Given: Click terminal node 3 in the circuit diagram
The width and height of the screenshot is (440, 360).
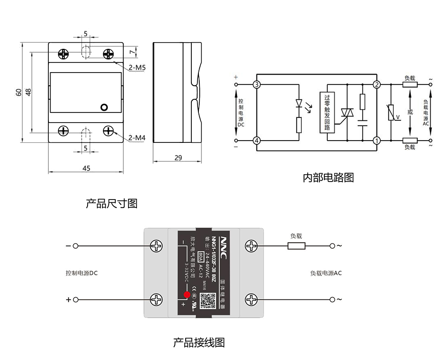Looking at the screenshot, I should click(x=257, y=84).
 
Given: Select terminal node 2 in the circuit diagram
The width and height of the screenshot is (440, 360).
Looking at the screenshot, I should click(x=377, y=84).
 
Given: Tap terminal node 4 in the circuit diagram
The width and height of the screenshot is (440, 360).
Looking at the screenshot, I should click(x=257, y=141).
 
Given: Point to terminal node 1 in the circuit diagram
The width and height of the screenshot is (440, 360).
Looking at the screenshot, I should click(x=377, y=141).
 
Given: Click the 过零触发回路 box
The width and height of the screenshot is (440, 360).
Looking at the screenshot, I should click(x=327, y=113).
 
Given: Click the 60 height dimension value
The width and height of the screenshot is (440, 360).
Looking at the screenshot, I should click(x=18, y=92).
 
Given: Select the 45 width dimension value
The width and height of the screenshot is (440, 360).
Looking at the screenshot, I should click(x=86, y=168).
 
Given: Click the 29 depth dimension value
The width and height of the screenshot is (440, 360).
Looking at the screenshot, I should click(x=178, y=158).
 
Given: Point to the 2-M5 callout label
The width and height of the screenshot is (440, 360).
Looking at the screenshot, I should click(x=137, y=68).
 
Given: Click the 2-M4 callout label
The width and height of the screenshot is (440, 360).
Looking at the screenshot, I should click(x=137, y=138).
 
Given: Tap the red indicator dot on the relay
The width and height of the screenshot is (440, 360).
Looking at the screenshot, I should click(x=187, y=295).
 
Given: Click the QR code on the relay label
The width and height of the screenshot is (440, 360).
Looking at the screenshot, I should click(x=207, y=301).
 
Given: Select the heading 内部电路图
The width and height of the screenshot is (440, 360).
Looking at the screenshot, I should click(x=328, y=178).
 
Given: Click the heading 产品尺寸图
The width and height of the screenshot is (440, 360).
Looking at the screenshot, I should click(x=112, y=204).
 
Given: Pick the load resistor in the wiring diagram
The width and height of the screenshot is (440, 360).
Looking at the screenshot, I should click(x=296, y=246).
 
